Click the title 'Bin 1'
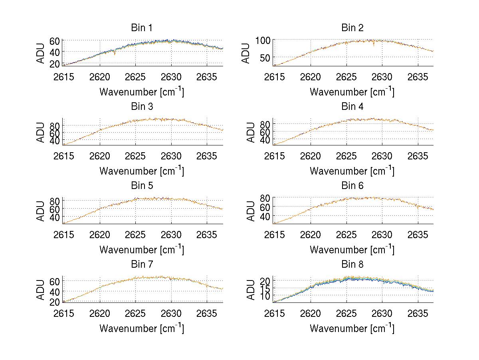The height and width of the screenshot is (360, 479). pyautogui.click(x=142, y=28)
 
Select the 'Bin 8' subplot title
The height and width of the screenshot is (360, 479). pyautogui.click(x=352, y=265)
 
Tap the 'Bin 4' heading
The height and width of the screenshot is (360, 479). pyautogui.click(x=352, y=107)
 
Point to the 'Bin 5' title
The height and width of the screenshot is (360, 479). pyautogui.click(x=142, y=186)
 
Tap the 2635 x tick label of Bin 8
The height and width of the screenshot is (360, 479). pyautogui.click(x=418, y=314)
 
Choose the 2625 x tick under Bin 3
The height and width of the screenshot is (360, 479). pyautogui.click(x=136, y=156)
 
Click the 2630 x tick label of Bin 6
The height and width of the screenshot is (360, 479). pyautogui.click(x=382, y=235)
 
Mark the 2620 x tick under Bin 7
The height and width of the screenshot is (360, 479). pyautogui.click(x=100, y=314)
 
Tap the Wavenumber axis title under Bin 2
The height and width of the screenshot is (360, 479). pyautogui.click(x=352, y=92)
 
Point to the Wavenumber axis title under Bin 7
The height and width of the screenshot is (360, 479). pyautogui.click(x=142, y=328)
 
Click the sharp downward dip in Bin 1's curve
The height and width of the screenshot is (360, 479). pyautogui.click(x=115, y=54)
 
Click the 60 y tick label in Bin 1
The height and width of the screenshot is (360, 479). pyautogui.click(x=55, y=41)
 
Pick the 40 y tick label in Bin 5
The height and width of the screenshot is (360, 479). pyautogui.click(x=55, y=217)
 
